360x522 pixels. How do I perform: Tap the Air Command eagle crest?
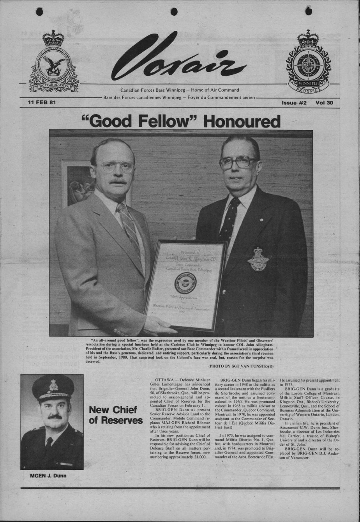pyautogui.click(x=54, y=62)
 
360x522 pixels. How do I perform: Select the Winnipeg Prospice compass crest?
pyautogui.click(x=308, y=62)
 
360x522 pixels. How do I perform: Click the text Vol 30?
pyautogui.click(x=325, y=103)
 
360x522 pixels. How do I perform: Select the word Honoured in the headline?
pyautogui.click(x=242, y=121)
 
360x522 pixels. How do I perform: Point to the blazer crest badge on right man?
pyautogui.click(x=258, y=259)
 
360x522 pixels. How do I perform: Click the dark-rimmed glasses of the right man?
pyautogui.click(x=238, y=162)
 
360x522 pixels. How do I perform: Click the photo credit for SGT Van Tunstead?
pyautogui.click(x=241, y=366)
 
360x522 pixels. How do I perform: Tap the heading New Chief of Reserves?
pyautogui.click(x=116, y=415)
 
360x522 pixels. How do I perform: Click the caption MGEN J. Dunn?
pyautogui.click(x=48, y=475)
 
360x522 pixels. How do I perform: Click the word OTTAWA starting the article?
pyautogui.click(x=164, y=380)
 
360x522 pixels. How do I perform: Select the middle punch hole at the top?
pyautogui.click(x=174, y=11)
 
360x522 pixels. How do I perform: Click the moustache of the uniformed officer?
pyautogui.click(x=55, y=417)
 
